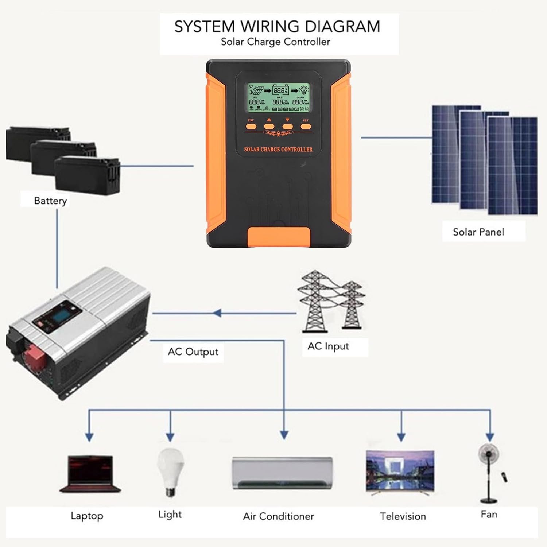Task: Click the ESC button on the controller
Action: pos(251,127)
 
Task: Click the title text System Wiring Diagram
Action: pos(277,27)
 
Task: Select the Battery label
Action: pos(50,201)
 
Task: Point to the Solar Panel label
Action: pos(478,232)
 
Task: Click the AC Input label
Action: pos(328,346)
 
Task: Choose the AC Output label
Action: pos(193,352)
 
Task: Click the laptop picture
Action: pos(90,474)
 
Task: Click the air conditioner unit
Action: pos(282,473)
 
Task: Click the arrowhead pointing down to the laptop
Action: pos(89,437)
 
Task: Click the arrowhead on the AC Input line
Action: pos(217,313)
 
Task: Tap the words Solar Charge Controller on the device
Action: pos(278,149)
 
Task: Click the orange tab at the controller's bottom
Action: pos(279,236)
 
